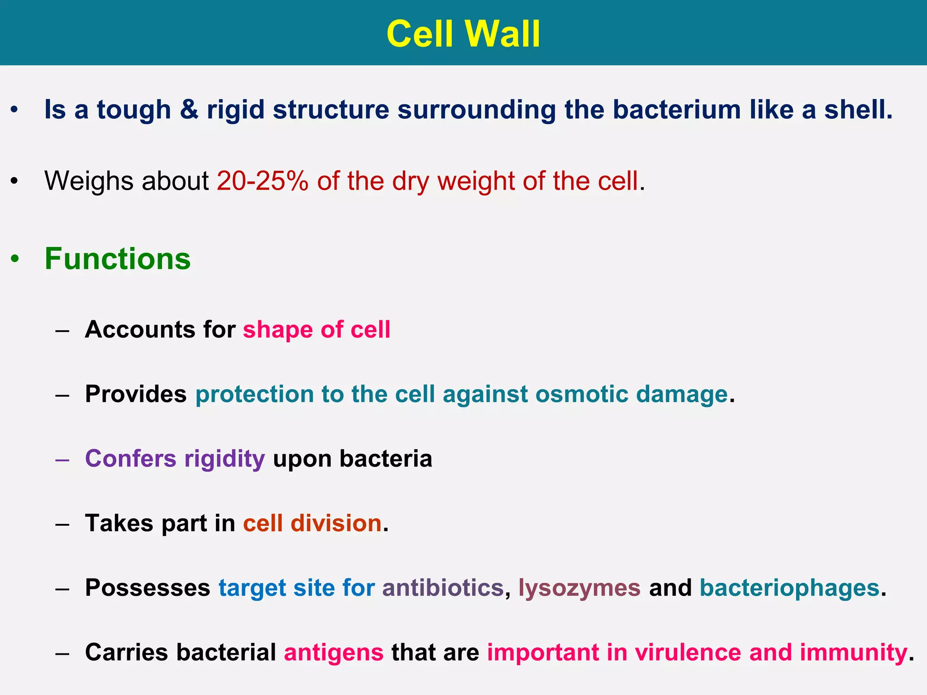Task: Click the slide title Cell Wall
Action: [463, 34]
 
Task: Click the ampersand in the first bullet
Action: [189, 110]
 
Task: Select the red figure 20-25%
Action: [263, 181]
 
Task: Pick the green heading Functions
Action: [118, 259]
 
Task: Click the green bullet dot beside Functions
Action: [15, 260]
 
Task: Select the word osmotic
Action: [582, 394]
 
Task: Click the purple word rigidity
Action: [225, 459]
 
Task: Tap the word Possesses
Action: [148, 588]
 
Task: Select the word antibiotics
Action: [443, 588]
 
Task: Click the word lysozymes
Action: [579, 588]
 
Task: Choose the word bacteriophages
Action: [789, 588]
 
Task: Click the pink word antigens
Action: [334, 653]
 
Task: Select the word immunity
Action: [853, 653]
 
